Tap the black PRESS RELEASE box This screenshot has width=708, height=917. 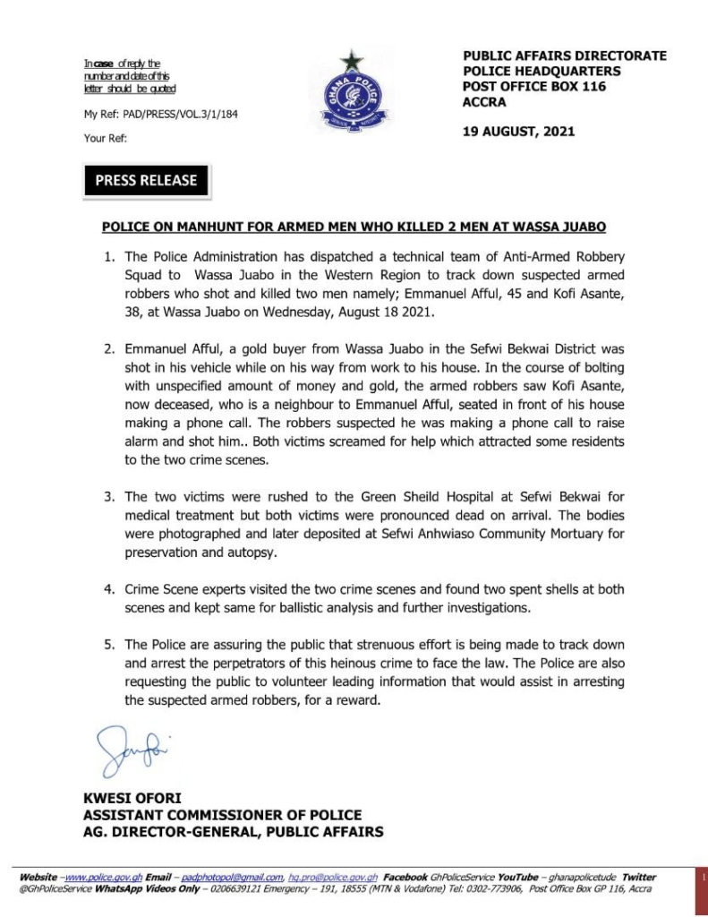146,180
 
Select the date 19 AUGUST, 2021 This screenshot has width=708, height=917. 519,132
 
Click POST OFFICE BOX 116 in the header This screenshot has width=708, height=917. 534,87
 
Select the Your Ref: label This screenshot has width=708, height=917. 106,139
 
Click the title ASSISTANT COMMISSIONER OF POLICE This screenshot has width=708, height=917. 223,815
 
